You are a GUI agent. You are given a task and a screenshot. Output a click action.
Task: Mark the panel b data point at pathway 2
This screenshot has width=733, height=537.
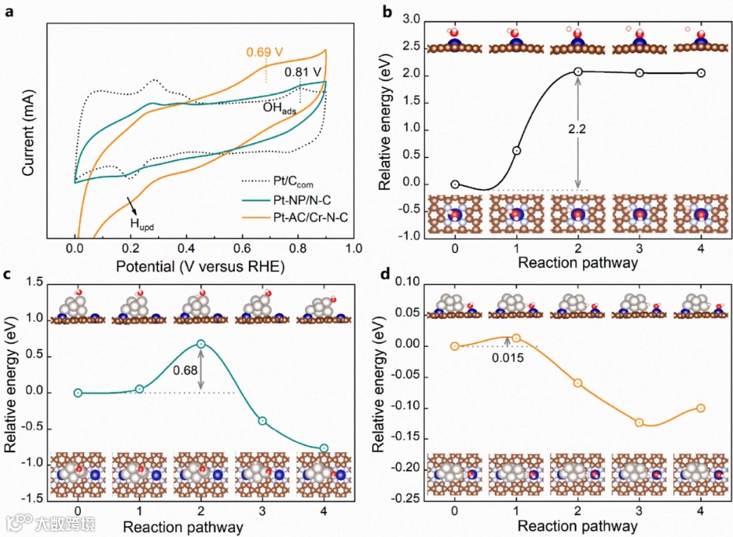tap(578, 71)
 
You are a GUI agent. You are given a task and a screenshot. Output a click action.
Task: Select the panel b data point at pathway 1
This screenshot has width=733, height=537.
tap(516, 151)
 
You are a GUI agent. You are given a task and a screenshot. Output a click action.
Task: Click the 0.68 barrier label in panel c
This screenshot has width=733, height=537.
tap(186, 371)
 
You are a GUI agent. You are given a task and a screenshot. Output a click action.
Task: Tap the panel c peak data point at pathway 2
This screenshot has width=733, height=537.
tap(201, 344)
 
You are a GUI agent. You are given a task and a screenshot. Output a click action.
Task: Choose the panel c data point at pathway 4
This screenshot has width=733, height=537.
tap(324, 448)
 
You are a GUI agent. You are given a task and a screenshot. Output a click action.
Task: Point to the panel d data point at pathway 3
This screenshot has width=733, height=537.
tap(639, 422)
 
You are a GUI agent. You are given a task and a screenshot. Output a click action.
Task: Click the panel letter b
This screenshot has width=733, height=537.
tap(388, 12)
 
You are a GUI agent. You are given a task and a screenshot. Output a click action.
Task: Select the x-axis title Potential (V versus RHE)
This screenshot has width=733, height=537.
tap(200, 267)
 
